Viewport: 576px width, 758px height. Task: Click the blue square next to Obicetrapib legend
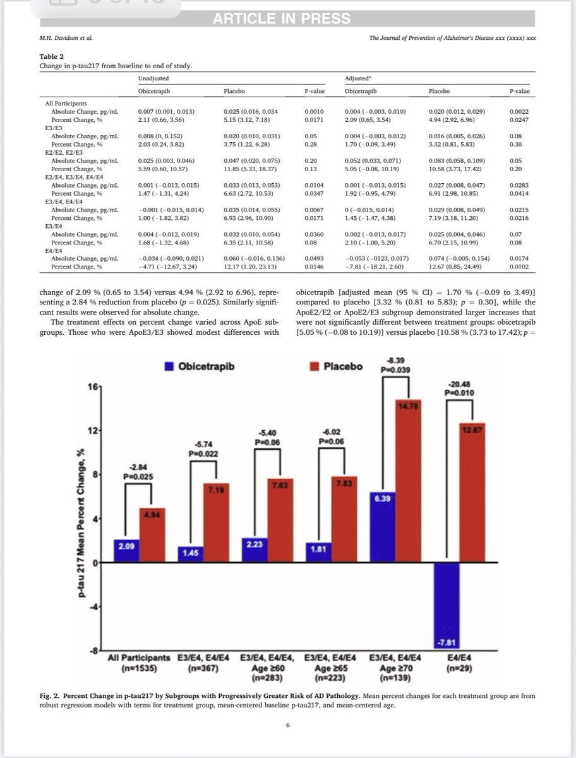[170, 364]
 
